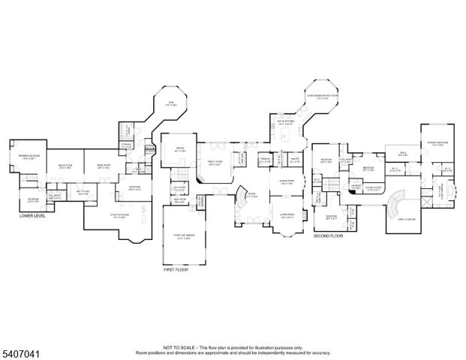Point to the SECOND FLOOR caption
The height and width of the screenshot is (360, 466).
click(x=327, y=235)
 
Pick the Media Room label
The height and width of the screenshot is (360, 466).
click(x=65, y=166)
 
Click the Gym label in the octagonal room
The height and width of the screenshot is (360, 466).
click(x=170, y=103)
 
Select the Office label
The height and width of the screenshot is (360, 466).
click(x=180, y=149)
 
